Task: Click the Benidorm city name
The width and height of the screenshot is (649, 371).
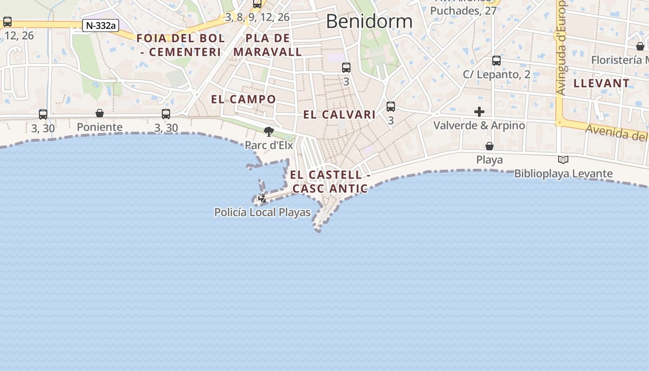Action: click(369, 21)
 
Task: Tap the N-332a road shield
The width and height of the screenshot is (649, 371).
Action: click(101, 26)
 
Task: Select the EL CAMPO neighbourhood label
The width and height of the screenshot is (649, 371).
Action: click(243, 99)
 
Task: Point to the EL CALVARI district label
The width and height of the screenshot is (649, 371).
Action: click(339, 115)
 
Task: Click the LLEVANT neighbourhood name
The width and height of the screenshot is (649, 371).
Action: click(601, 83)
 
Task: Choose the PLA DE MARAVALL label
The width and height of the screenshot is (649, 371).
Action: click(268, 45)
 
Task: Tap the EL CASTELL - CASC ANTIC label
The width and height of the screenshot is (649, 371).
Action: click(330, 181)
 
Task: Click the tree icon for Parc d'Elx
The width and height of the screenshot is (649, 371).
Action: click(268, 131)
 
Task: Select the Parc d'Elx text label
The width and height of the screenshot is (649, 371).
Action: click(269, 145)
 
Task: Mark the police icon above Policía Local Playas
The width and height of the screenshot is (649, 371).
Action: click(262, 198)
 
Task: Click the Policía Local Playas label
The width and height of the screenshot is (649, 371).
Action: click(262, 212)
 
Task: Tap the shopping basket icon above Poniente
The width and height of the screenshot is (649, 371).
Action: click(100, 113)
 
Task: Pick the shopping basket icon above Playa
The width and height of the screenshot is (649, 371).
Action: click(489, 146)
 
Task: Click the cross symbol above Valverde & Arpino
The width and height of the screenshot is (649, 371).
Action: click(479, 112)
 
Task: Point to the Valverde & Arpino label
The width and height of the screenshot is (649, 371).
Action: click(479, 125)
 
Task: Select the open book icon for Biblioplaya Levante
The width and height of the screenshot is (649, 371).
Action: click(563, 160)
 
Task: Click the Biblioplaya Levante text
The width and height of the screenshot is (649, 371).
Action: click(563, 174)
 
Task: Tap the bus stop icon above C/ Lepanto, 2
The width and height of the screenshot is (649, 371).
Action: click(496, 60)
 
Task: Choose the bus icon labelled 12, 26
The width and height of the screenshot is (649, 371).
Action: click(7, 21)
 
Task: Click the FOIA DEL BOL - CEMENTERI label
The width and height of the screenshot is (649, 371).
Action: click(181, 45)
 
